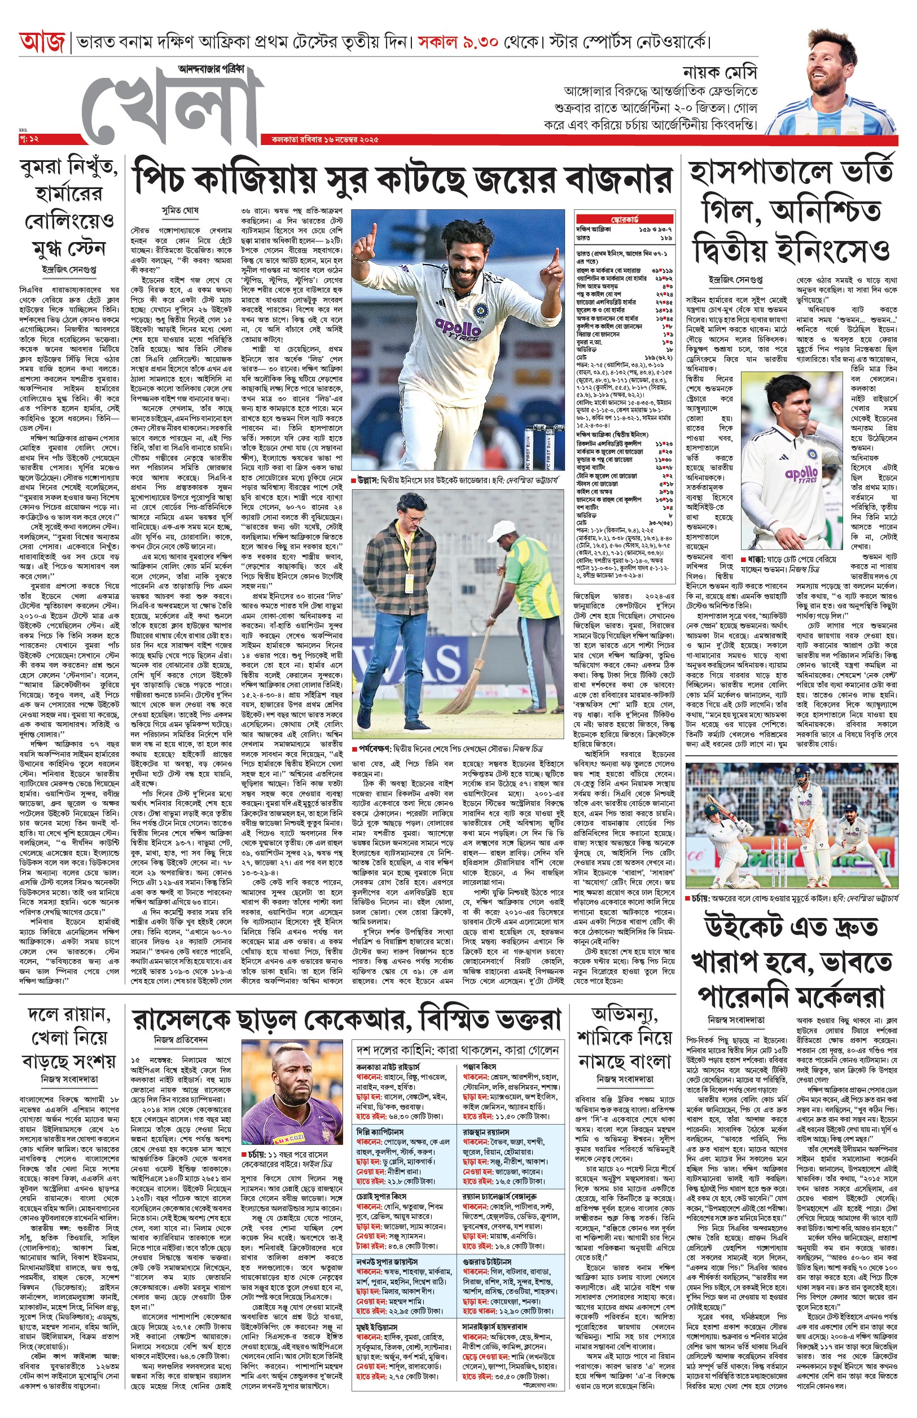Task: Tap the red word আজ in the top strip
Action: coord(42,43)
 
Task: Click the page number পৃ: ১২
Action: coord(29,139)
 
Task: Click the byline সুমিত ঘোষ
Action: coord(181,210)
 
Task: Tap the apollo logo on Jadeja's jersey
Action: coord(458,326)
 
